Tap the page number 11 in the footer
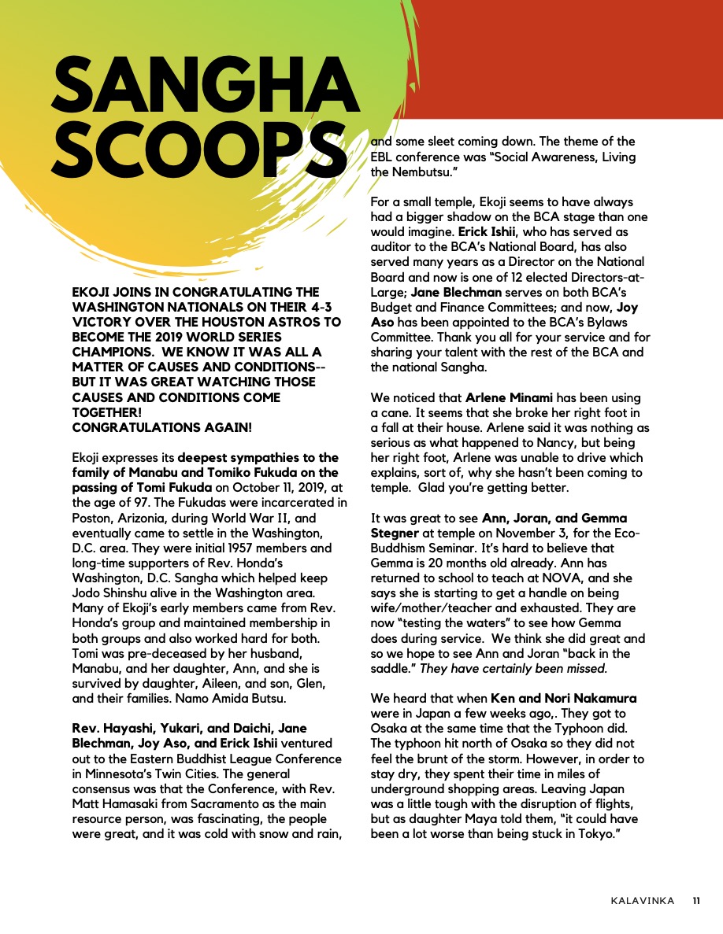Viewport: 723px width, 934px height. tap(697, 901)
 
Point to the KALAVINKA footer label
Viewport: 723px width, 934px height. tap(642, 901)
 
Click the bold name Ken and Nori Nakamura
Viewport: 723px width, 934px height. tap(564, 698)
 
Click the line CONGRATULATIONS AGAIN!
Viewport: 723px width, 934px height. tap(162, 427)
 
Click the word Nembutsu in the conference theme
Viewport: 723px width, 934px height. tap(422, 171)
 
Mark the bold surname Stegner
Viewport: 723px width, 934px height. tap(394, 533)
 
